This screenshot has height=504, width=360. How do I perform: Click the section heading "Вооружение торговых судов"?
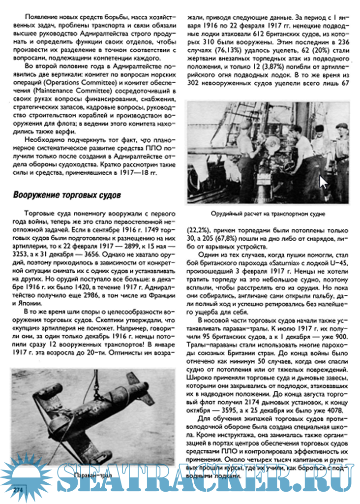pyautogui.click(x=66, y=195)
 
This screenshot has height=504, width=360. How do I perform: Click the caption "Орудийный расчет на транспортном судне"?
pyautogui.click(x=268, y=214)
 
